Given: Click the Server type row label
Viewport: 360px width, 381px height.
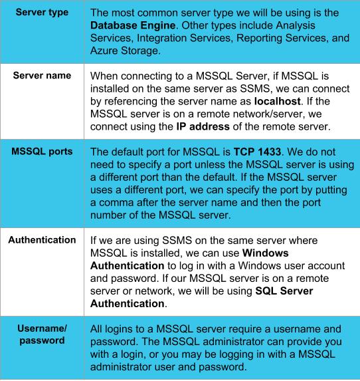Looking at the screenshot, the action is coord(41,13).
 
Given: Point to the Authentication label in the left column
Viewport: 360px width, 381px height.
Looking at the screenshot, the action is coord(41,258).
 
